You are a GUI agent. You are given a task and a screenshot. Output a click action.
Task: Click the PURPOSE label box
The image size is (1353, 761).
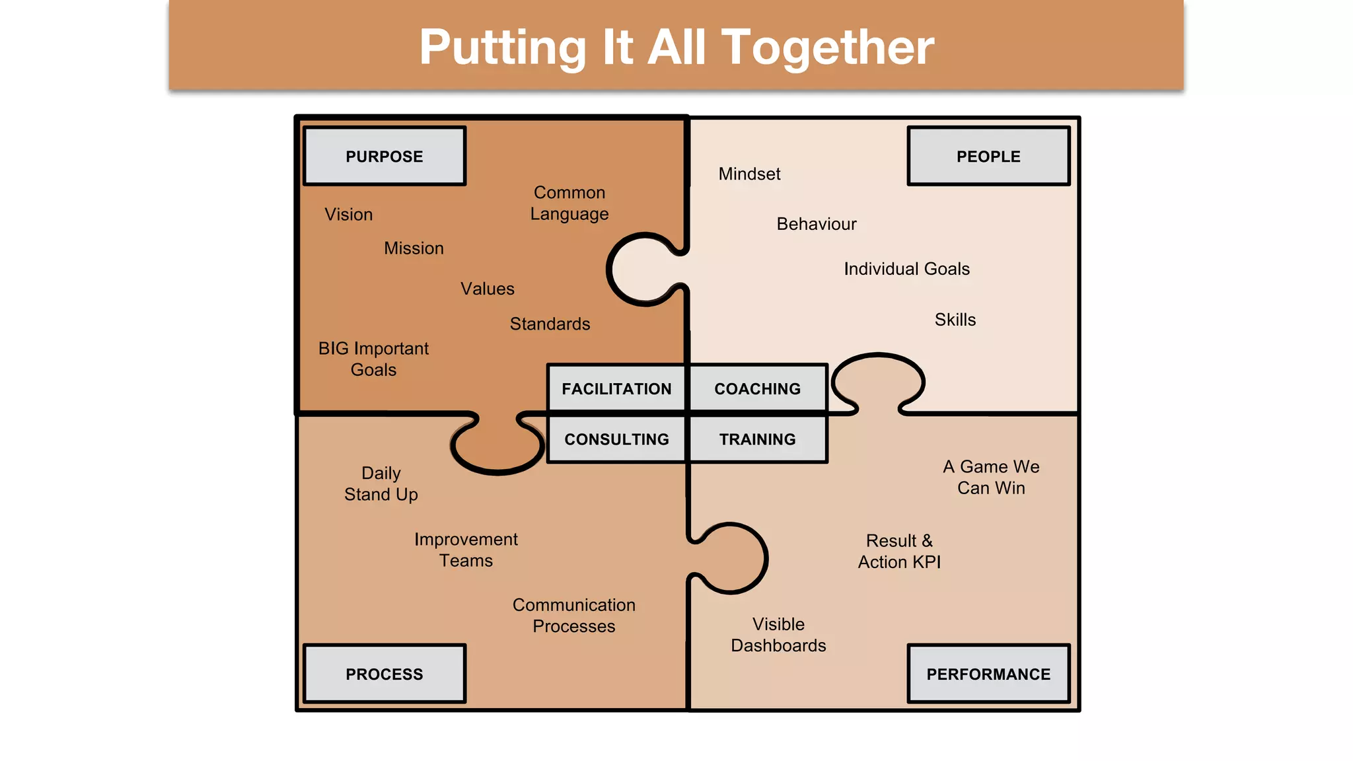[384, 157]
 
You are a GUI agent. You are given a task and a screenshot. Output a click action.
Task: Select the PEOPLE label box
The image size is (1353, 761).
[988, 157]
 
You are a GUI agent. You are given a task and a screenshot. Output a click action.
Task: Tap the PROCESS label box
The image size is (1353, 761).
[384, 674]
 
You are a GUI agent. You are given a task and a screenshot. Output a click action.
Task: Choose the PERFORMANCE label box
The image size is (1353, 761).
[988, 674]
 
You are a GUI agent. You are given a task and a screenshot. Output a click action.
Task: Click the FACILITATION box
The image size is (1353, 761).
[616, 388]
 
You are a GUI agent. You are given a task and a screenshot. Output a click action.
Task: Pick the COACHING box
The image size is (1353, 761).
[757, 388]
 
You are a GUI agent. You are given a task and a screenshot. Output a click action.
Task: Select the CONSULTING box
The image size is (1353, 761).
[616, 439]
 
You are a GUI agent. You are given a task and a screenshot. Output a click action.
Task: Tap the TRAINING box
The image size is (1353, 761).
[757, 439]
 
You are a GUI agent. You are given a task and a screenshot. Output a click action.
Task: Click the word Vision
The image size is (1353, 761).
[349, 215]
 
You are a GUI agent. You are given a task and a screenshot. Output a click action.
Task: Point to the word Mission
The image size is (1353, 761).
[414, 248]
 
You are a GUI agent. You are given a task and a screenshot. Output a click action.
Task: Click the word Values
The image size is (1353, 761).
[488, 289]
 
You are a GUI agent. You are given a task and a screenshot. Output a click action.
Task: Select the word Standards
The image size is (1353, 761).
[550, 324]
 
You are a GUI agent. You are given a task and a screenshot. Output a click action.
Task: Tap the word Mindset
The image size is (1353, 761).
[749, 174]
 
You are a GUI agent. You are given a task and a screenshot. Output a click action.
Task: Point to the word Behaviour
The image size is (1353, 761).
[817, 224]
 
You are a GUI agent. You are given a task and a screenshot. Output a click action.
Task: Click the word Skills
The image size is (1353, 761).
[955, 320]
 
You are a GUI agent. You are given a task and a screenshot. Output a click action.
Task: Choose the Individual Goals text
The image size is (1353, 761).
[906, 269]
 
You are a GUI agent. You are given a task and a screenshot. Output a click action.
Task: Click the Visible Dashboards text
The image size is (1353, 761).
[778, 635]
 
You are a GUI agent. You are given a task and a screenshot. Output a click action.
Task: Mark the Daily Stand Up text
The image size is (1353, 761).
[381, 484]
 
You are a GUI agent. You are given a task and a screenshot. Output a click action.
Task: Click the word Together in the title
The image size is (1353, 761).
[828, 48]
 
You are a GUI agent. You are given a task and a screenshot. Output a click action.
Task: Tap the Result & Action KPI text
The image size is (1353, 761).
[899, 551]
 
